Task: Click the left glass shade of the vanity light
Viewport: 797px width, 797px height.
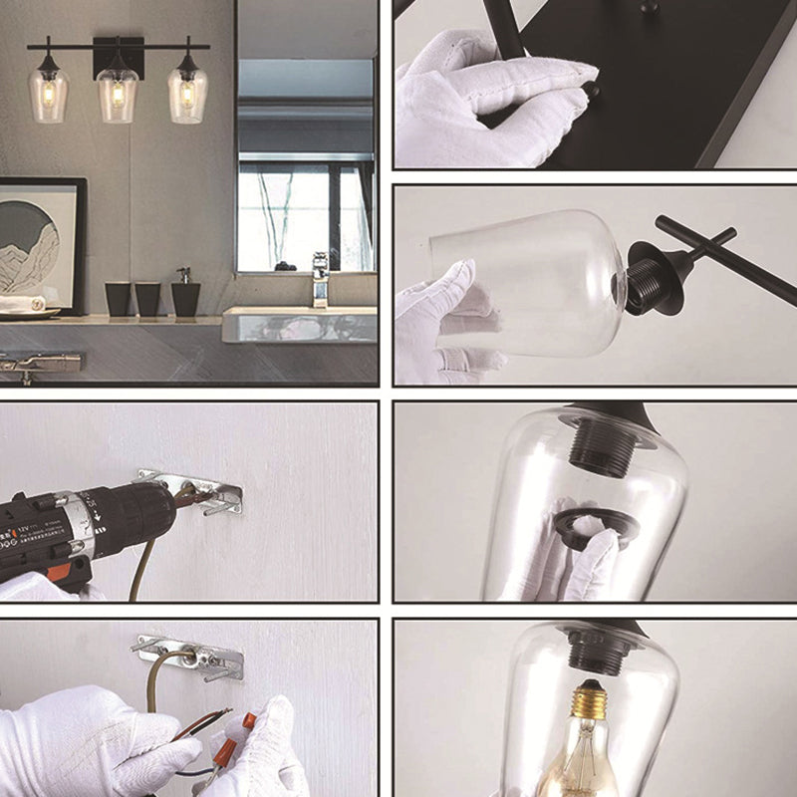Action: click(x=48, y=95)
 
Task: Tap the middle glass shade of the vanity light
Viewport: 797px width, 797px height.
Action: click(x=118, y=95)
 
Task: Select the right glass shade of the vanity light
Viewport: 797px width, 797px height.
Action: click(x=187, y=95)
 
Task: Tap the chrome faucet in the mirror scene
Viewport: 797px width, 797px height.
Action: click(x=320, y=279)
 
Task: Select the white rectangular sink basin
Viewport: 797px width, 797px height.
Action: click(x=299, y=325)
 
